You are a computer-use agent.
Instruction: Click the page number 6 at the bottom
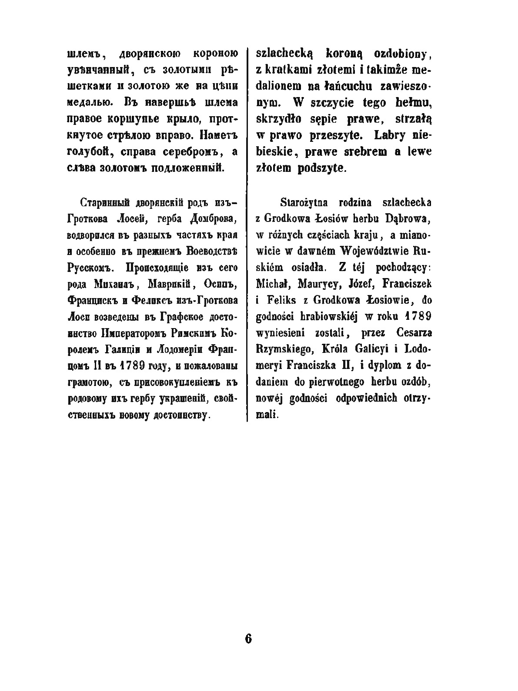tap(248, 639)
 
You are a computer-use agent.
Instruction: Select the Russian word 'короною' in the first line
tap(215, 54)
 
